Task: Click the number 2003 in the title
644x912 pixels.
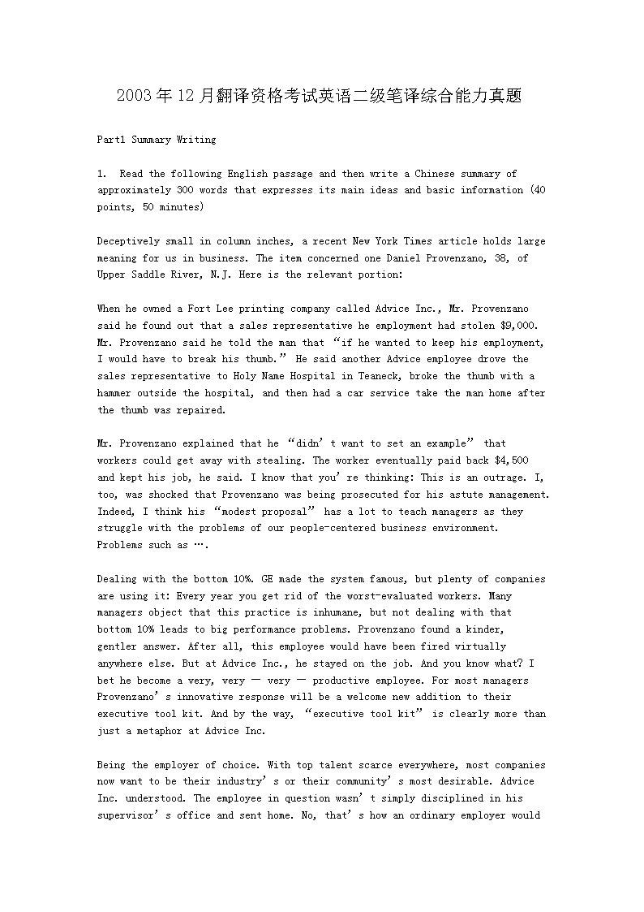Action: (134, 96)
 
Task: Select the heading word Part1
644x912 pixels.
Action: (111, 140)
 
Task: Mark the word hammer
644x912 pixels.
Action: (114, 393)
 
